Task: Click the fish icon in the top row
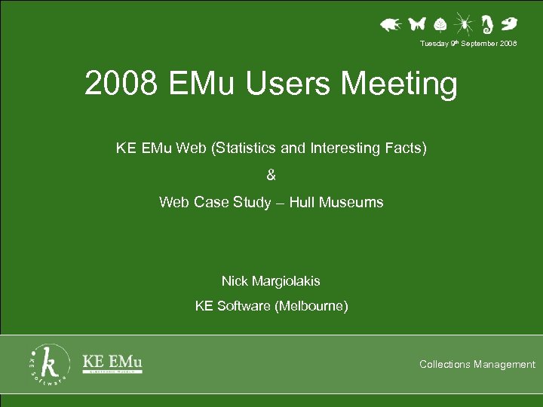pos(389,25)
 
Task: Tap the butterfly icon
pos(416,24)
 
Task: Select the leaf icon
pos(441,25)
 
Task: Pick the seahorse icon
pos(488,25)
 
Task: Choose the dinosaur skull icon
pos(510,23)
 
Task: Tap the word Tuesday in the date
pos(433,44)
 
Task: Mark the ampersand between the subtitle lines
pos(271,176)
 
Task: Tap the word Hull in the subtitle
pos(301,202)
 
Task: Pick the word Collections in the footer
pos(445,365)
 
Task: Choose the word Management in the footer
pos(505,365)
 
